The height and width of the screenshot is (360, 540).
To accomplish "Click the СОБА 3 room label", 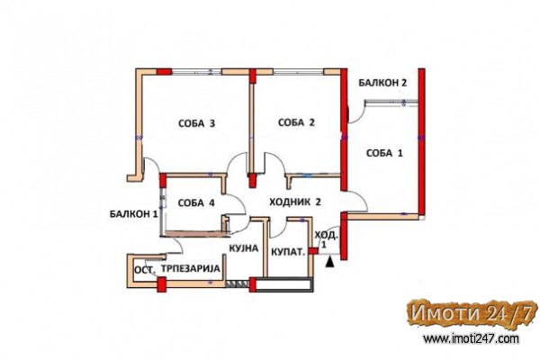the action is [x=196, y=123].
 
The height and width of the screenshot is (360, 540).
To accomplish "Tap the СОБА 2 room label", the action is [x=296, y=122].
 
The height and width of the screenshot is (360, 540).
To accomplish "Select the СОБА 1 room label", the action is [x=384, y=153].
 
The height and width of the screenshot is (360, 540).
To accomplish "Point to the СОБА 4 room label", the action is [x=196, y=202].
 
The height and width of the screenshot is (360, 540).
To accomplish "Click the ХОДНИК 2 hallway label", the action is [x=295, y=202].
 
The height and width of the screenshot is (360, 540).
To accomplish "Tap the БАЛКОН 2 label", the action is [x=382, y=83].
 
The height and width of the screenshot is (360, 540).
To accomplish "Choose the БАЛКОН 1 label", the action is [x=133, y=214].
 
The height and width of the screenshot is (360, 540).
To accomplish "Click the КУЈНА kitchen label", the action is [x=244, y=248].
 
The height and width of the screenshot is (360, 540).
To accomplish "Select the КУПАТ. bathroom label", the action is [x=288, y=252].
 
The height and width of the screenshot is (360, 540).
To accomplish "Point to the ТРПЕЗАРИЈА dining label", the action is [x=191, y=268].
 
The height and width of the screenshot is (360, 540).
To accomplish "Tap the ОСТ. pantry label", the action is [x=145, y=270].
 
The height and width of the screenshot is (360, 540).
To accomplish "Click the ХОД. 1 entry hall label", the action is [x=327, y=239].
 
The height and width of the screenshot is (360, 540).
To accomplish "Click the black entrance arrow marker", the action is [x=330, y=262].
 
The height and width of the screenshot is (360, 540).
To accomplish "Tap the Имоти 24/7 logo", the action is [x=472, y=313].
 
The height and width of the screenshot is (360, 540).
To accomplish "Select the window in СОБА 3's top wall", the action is [x=196, y=72].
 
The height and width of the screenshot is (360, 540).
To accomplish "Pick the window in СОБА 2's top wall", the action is [x=299, y=72].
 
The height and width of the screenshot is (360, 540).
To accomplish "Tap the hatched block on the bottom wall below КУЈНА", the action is [x=237, y=283].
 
